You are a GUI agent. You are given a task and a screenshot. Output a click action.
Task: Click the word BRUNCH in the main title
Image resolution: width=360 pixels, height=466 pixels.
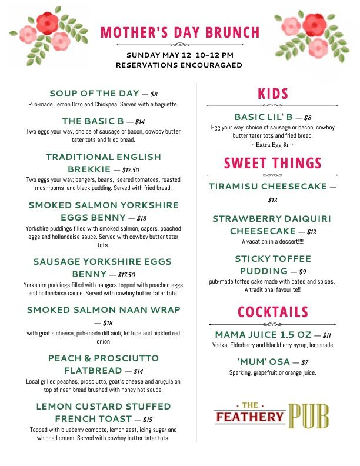click(x=224, y=32)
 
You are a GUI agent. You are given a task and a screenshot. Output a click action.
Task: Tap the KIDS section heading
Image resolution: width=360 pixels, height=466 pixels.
click(x=273, y=94)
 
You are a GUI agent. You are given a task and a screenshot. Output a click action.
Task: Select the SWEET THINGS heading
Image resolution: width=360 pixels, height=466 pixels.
click(x=272, y=163)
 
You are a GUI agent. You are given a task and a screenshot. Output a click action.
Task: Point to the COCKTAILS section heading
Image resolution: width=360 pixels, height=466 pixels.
click(x=272, y=311)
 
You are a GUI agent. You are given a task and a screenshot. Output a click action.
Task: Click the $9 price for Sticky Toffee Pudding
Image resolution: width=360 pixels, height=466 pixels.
click(x=302, y=272)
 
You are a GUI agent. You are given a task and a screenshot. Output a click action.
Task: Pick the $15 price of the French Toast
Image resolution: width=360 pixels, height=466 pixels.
click(x=148, y=420)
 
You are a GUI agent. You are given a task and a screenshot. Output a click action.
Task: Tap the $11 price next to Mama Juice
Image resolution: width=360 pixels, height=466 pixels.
click(x=327, y=335)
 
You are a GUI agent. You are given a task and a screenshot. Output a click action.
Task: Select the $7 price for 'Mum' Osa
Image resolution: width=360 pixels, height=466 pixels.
click(x=304, y=362)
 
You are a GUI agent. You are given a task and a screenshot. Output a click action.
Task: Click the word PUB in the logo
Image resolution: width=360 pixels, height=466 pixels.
click(x=309, y=416)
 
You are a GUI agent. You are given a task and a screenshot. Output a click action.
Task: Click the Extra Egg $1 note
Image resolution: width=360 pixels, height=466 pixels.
click(x=272, y=144)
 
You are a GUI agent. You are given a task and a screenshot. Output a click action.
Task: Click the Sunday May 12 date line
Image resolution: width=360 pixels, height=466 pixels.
click(x=179, y=55)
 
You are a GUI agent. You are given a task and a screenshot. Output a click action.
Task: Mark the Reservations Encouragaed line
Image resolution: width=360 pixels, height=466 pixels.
click(x=179, y=65)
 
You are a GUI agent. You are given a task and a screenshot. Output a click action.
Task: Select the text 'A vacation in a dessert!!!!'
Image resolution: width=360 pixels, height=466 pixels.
click(x=272, y=241)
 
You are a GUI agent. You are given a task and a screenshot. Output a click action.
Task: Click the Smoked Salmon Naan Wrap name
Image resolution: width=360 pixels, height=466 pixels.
click(x=104, y=309)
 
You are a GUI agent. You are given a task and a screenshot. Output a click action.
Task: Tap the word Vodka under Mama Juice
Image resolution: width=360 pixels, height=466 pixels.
click(x=221, y=345)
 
